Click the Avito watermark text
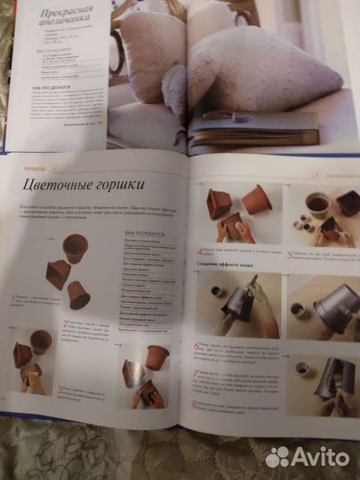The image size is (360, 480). pos(320,456)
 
